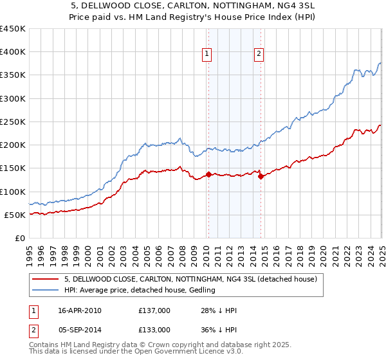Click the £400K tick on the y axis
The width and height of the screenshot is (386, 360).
[13, 52]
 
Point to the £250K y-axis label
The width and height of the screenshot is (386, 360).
[13, 122]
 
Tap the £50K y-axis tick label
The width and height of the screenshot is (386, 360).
[16, 215]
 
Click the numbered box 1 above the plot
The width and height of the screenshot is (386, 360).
[207, 55]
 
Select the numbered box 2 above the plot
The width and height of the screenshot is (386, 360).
[259, 55]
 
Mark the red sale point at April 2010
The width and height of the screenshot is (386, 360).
[208, 174]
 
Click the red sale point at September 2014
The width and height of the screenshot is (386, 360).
[261, 176]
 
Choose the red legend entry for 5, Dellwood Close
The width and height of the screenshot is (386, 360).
[190, 280]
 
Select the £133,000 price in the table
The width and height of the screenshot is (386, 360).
[154, 329]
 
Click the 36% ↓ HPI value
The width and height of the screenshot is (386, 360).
[219, 329]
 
